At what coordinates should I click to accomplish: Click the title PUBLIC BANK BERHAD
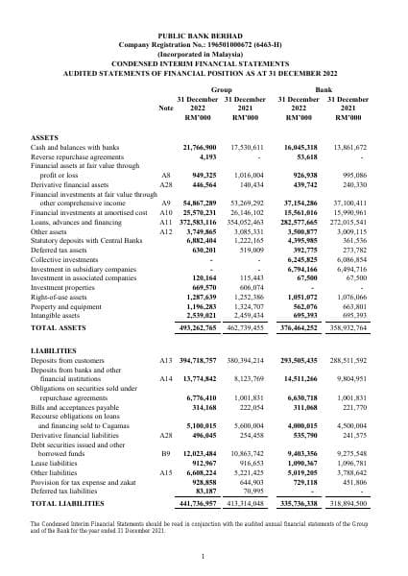[x=203, y=34]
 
